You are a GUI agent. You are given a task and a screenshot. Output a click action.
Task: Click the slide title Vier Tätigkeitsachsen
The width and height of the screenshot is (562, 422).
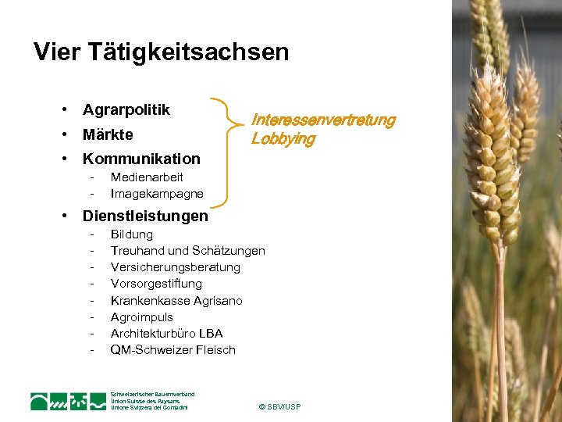[161, 52]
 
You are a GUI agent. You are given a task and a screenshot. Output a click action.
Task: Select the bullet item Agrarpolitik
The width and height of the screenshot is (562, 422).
[126, 110]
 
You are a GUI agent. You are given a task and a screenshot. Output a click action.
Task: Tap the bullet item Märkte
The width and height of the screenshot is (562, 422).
[108, 134]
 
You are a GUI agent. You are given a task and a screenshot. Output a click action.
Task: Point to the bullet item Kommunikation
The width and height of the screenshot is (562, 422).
[141, 159]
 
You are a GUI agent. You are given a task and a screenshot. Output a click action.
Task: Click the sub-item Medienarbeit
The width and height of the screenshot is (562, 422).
[147, 177]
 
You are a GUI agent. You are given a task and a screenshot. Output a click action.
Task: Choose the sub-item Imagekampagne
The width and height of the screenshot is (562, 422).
[156, 194]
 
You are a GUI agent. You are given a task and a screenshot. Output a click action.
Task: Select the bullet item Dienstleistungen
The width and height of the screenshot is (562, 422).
[145, 216]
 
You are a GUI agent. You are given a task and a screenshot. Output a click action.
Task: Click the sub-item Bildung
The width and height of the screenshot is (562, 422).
[131, 234]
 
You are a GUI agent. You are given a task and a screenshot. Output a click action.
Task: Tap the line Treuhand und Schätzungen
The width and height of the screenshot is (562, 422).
[187, 251]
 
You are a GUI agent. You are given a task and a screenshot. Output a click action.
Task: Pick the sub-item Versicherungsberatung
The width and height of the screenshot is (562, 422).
[175, 267]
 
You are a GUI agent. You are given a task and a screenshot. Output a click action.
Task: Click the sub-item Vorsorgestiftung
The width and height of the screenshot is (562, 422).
[156, 284]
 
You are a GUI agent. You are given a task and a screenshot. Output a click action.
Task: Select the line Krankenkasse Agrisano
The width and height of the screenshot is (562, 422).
[176, 301]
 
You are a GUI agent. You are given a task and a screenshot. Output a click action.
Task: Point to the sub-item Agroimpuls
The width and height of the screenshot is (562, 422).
[141, 317]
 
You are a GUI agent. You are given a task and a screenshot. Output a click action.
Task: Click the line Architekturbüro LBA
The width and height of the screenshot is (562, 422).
[166, 334]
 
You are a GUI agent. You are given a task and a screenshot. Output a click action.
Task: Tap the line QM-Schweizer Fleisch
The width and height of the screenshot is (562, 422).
[173, 350]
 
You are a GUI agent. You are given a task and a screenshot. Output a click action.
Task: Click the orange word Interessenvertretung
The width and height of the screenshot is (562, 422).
[323, 120]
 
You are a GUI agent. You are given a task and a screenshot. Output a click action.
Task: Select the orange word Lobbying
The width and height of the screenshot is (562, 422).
[283, 140]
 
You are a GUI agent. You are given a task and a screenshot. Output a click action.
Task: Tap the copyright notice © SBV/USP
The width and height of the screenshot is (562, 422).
[279, 407]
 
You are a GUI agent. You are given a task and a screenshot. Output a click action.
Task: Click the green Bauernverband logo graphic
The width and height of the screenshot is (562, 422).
[68, 401]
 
